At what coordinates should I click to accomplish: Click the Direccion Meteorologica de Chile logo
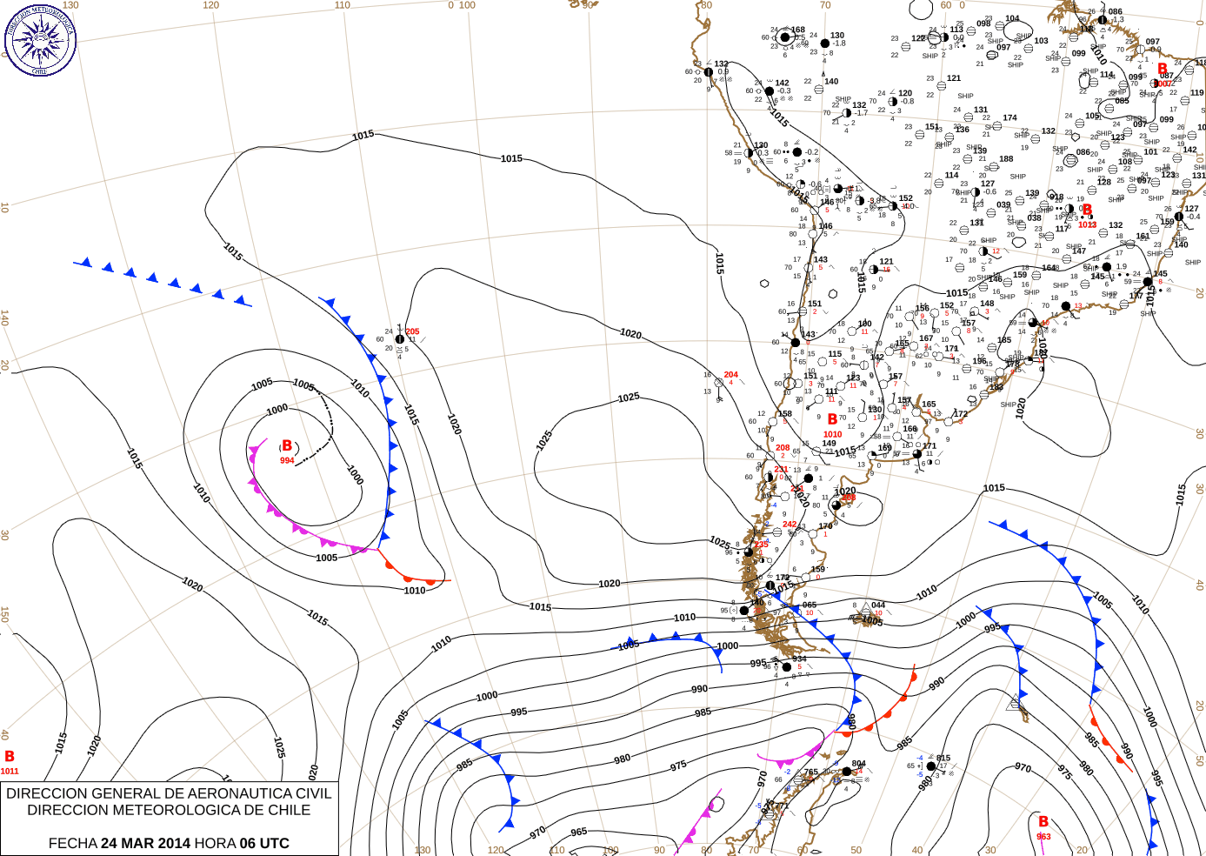[x=40, y=39]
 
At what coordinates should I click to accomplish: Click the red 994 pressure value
[x=287, y=460]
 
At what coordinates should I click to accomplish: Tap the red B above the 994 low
[x=287, y=445]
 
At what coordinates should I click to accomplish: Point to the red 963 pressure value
[x=1043, y=837]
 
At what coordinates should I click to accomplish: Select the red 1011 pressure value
[x=10, y=771]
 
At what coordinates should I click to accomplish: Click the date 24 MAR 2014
[x=145, y=843]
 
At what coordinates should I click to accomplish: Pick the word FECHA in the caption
[x=72, y=843]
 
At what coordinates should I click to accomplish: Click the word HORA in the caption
[x=214, y=843]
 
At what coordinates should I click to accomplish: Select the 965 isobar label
[x=578, y=833]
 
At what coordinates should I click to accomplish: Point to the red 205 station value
[x=412, y=331]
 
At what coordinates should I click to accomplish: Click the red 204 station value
[x=731, y=375]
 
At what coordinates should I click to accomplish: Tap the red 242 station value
[x=790, y=525]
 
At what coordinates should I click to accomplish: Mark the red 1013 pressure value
[x=1087, y=224]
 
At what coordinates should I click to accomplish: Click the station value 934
[x=799, y=659]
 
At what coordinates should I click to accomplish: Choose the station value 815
[x=943, y=758]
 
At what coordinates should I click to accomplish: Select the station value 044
[x=878, y=605]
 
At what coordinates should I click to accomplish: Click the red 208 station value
[x=783, y=448]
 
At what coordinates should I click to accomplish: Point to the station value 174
[x=1009, y=117]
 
